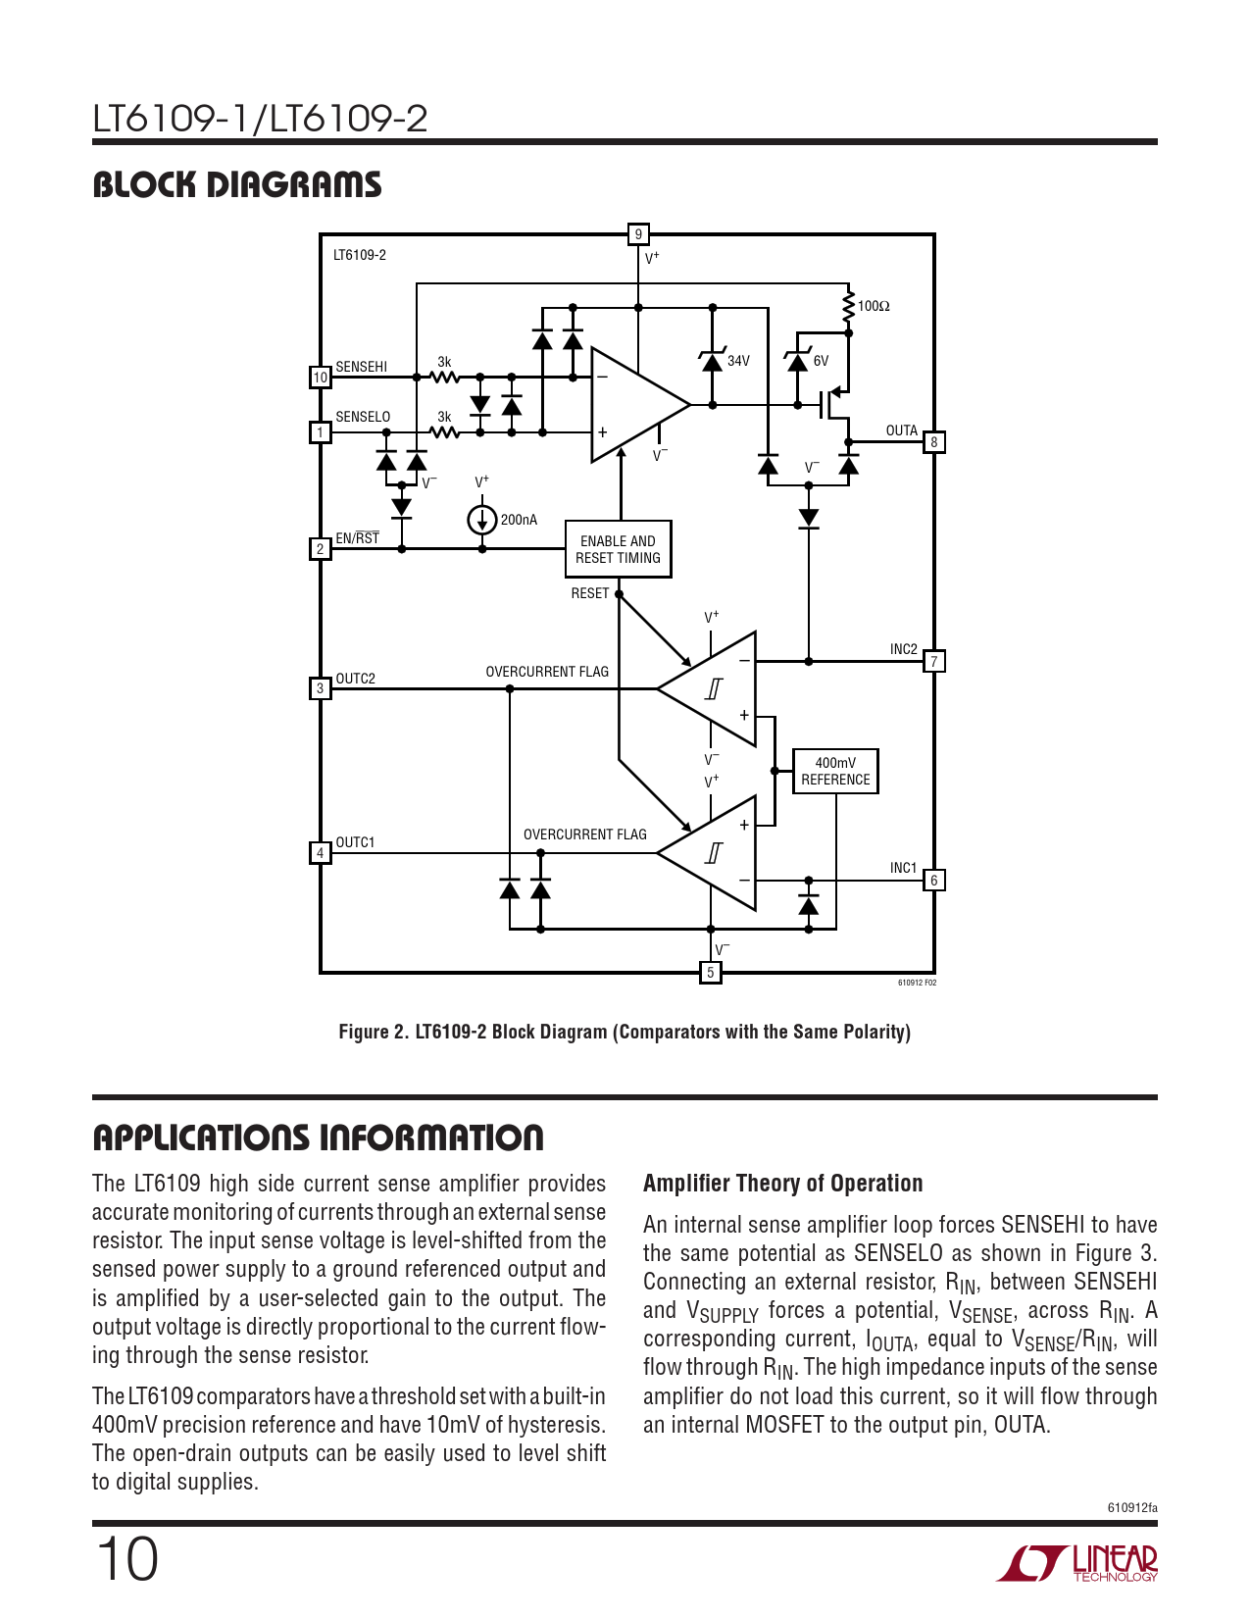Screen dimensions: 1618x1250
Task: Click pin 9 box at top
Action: point(638,234)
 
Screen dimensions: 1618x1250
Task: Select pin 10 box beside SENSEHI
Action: point(321,377)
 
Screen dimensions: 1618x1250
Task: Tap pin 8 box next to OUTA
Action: point(934,442)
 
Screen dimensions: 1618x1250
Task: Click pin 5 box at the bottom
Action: point(711,973)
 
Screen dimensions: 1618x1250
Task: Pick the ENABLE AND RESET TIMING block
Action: point(618,549)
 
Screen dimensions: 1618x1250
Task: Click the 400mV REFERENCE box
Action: point(835,771)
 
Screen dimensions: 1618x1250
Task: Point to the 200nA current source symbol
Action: point(481,520)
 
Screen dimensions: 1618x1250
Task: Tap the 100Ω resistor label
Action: point(874,306)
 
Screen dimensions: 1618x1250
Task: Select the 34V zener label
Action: point(738,361)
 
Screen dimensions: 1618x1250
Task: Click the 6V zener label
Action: point(821,361)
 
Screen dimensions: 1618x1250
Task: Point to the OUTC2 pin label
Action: point(355,679)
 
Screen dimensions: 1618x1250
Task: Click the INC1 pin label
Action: point(903,868)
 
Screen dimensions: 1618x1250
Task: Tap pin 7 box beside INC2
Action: point(934,662)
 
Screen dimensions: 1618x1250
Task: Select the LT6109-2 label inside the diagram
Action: point(360,255)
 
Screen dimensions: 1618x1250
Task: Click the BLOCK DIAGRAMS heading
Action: point(237,184)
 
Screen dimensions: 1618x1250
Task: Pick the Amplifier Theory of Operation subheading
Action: point(782,1184)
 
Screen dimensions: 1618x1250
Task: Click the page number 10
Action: point(126,1559)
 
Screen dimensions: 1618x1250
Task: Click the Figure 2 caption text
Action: point(625,1032)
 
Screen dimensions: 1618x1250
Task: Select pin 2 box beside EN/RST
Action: point(321,549)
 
